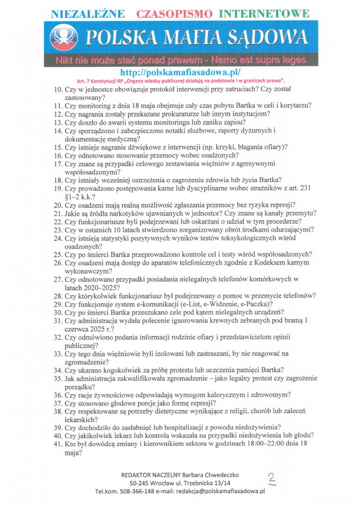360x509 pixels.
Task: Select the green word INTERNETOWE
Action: point(265,13)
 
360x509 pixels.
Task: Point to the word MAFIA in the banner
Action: point(196,37)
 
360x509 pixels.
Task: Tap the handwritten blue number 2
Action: point(271,479)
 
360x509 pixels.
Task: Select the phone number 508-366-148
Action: point(138,491)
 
